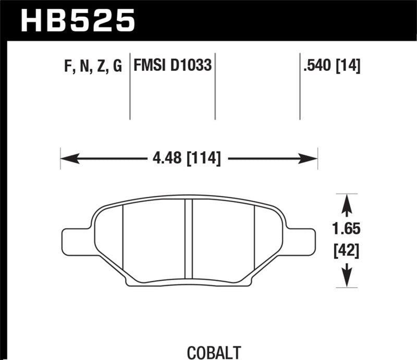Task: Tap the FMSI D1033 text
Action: click(x=173, y=67)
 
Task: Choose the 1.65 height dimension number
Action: click(x=347, y=229)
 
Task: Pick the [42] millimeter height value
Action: click(x=347, y=253)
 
